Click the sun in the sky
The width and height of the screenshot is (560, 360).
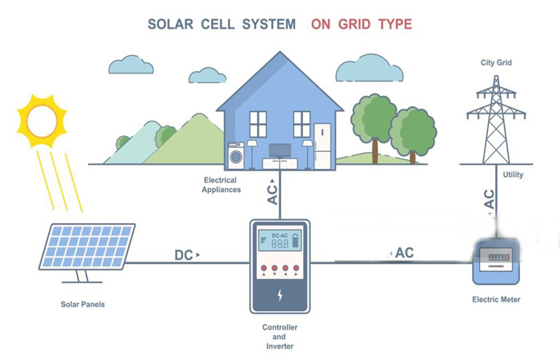pyautogui.click(x=42, y=121)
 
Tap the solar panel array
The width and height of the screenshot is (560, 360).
pyautogui.click(x=86, y=246)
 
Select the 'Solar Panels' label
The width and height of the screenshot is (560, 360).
pyautogui.click(x=82, y=304)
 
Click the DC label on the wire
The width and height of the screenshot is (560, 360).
pyautogui.click(x=183, y=255)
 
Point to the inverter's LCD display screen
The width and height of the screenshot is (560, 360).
pyautogui.click(x=280, y=240)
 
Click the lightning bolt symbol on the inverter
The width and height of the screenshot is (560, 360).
pyautogui.click(x=280, y=295)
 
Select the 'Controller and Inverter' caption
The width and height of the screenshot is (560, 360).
pyautogui.click(x=280, y=337)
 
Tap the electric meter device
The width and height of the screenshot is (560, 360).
pyautogui.click(x=496, y=261)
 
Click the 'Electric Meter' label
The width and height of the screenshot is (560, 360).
pyautogui.click(x=496, y=299)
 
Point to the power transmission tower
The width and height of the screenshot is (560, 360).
pyautogui.click(x=496, y=120)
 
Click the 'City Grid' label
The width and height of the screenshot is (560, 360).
pyautogui.click(x=496, y=62)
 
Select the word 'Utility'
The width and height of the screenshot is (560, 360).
pyautogui.click(x=513, y=174)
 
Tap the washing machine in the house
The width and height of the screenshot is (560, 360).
pyautogui.click(x=236, y=155)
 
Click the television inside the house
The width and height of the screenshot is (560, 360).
pyautogui.click(x=280, y=150)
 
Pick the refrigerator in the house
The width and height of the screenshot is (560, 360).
pyautogui.click(x=322, y=146)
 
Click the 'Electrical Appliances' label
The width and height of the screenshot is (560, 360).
pyautogui.click(x=221, y=185)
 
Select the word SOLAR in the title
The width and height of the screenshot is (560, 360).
pyautogui.click(x=170, y=24)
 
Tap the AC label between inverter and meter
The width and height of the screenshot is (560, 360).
pyautogui.click(x=404, y=253)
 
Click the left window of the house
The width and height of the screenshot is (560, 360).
pyautogui.click(x=258, y=124)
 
